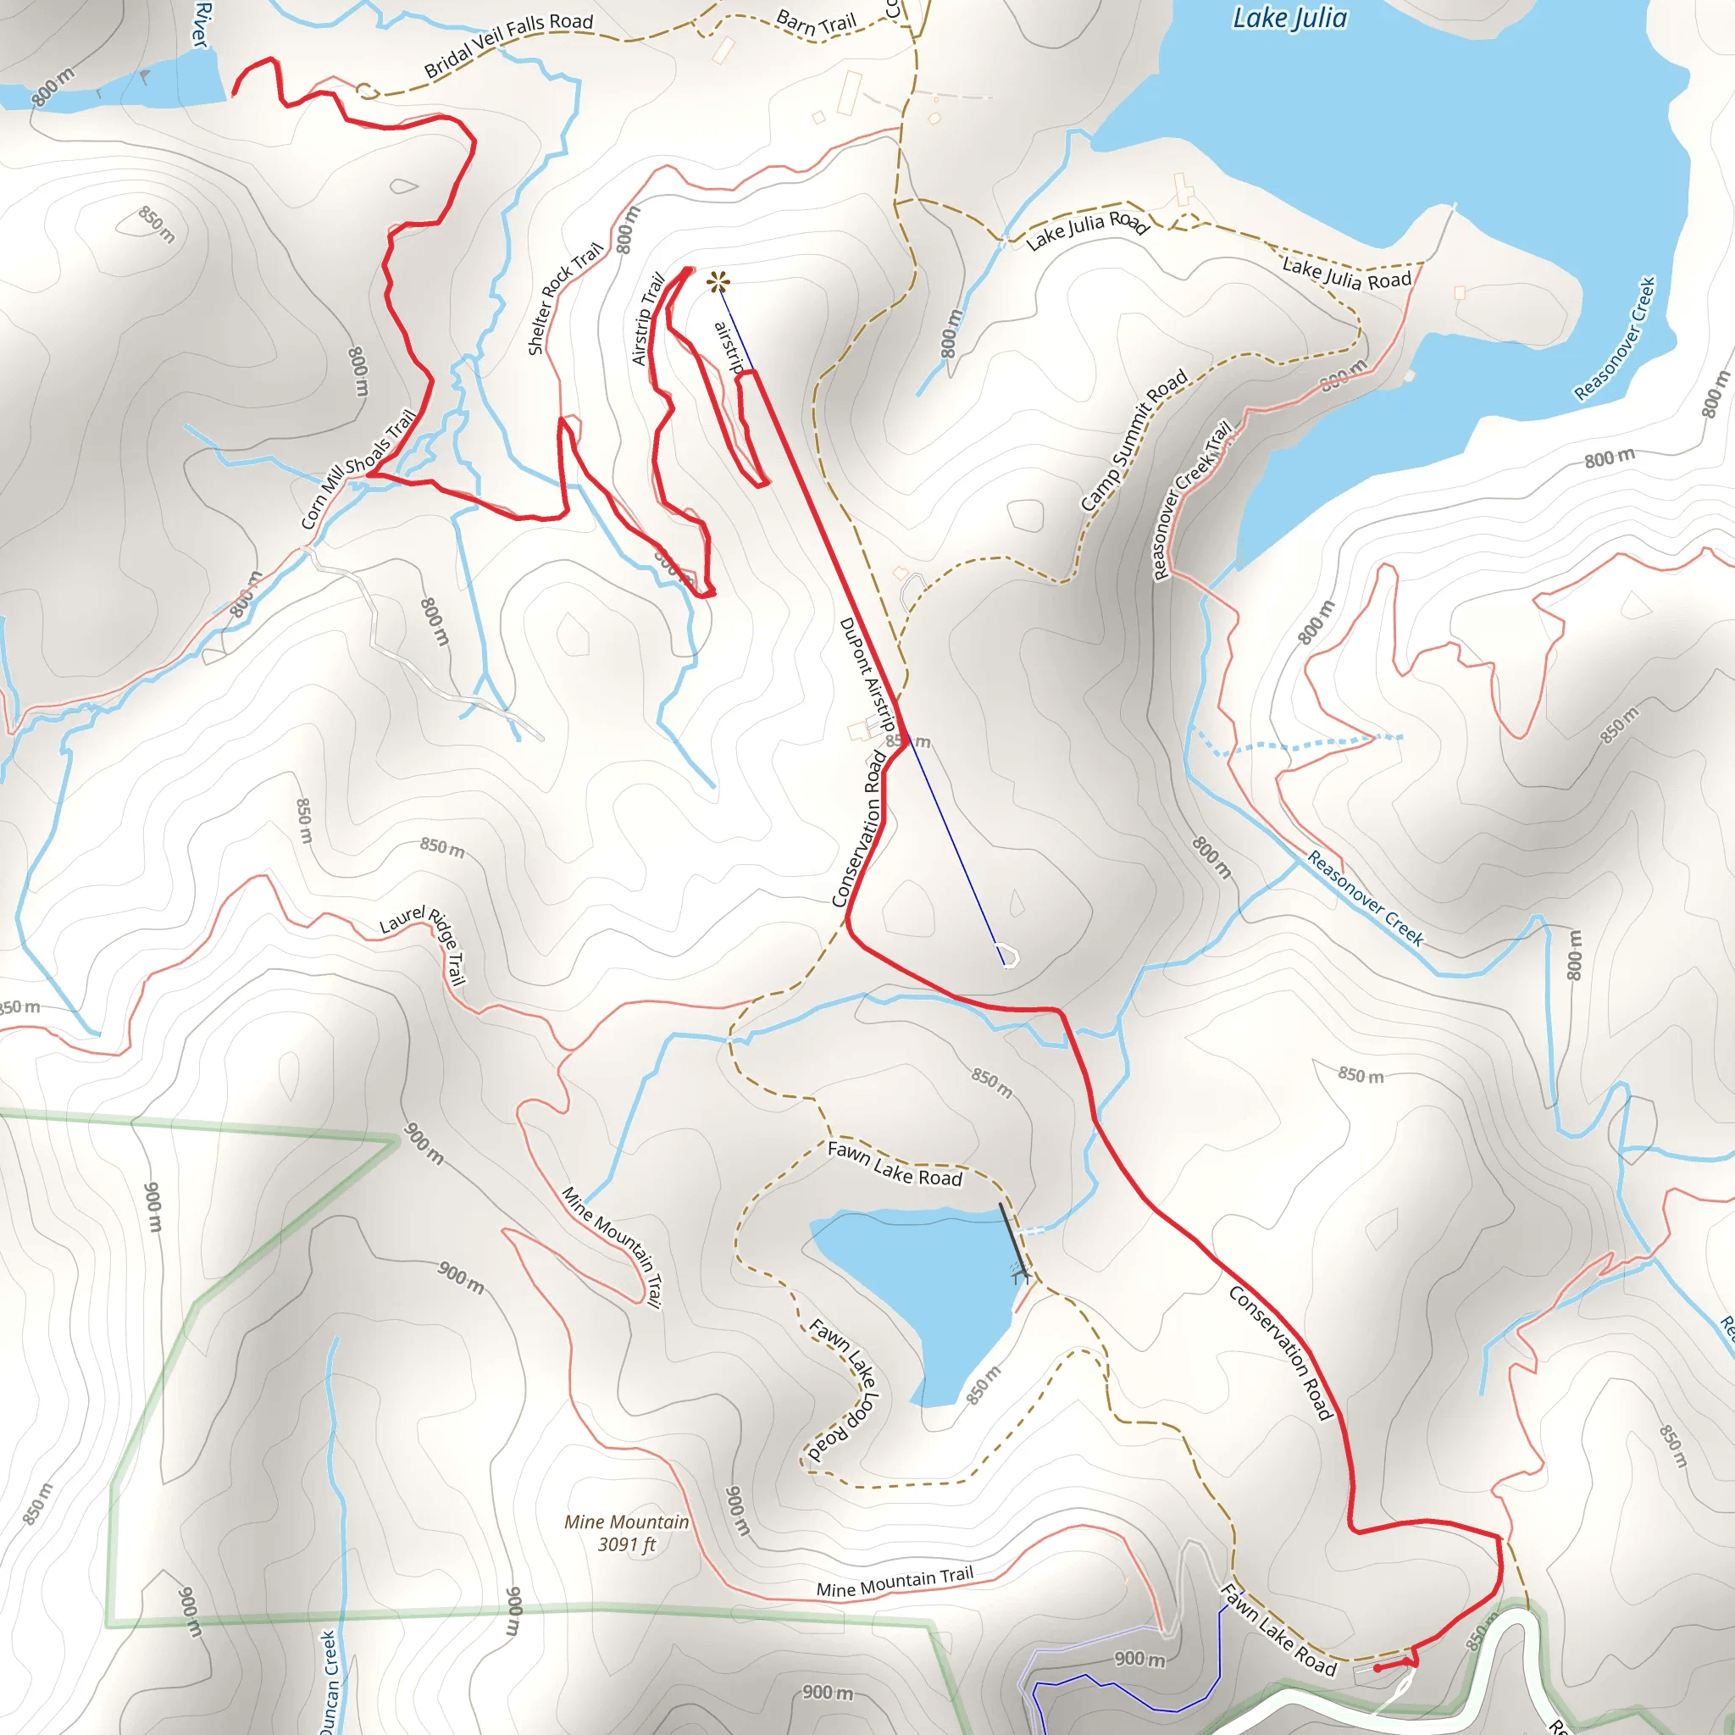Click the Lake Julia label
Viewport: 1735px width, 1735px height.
[x=1289, y=18]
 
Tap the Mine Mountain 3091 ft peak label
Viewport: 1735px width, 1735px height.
[x=626, y=1532]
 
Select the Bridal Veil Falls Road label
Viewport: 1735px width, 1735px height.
[x=508, y=45]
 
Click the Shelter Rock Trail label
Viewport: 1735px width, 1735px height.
[x=564, y=298]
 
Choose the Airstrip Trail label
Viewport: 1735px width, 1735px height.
[x=647, y=319]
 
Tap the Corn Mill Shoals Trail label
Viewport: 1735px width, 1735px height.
[x=358, y=468]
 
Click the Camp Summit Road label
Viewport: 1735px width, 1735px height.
[x=1134, y=440]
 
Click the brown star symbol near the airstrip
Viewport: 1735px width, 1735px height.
[x=718, y=283]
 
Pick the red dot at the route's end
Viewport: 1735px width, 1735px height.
[x=1377, y=1667]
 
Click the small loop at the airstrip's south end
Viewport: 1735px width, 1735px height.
[x=1009, y=956]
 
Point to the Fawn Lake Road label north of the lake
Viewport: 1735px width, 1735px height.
[x=895, y=1163]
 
